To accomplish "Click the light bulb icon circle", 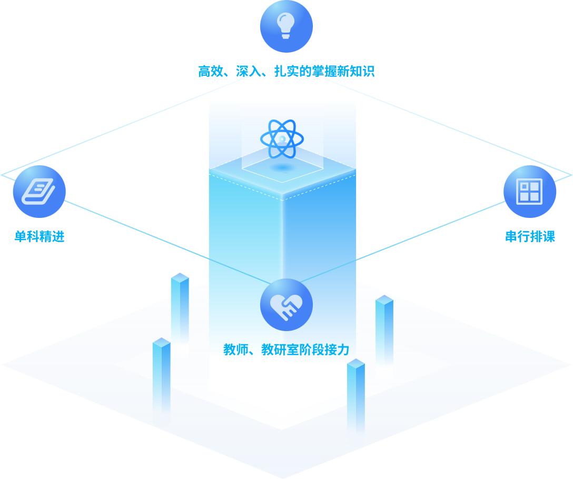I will (286, 26).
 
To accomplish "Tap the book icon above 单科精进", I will (39, 192).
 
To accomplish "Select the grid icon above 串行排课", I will (529, 192).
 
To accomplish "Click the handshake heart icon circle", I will (286, 305).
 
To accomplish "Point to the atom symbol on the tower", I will (282, 139).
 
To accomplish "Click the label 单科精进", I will (39, 236).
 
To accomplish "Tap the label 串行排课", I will (530, 236).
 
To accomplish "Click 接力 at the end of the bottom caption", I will (337, 350).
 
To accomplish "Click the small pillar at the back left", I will (180, 308).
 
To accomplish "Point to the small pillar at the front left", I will (161, 374).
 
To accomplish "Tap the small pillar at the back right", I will (384, 329).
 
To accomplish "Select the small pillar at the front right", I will (356, 395).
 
